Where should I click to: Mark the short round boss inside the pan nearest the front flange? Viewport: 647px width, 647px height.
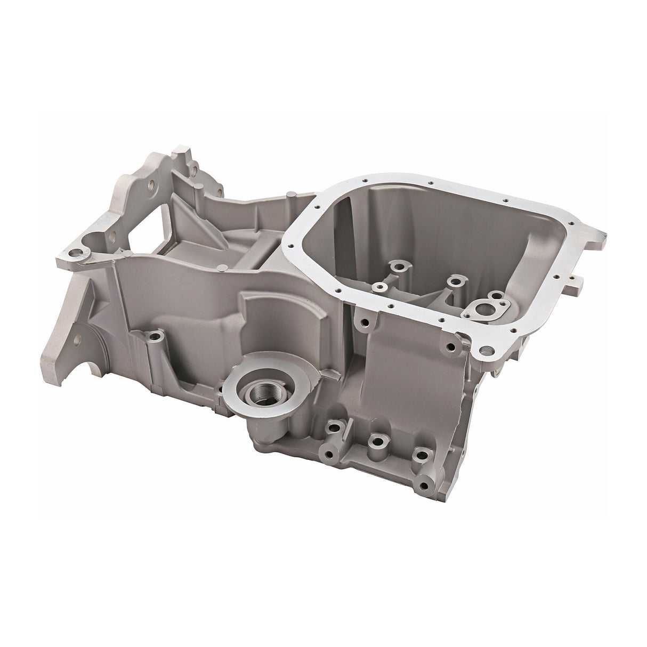click(x=381, y=287)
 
